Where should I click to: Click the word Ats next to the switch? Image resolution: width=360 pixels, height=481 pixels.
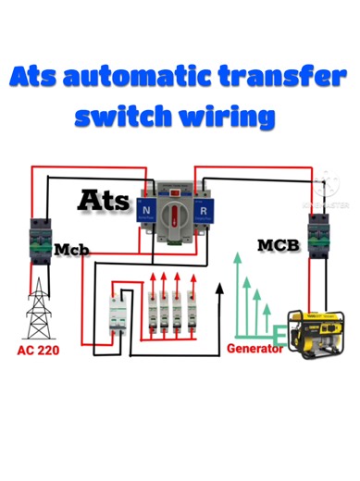pos(104,199)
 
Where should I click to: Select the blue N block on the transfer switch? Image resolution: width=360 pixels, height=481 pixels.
pos(146,211)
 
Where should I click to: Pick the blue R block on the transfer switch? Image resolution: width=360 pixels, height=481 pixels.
pos(203,211)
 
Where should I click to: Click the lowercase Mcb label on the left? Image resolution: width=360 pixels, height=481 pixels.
pos(68,251)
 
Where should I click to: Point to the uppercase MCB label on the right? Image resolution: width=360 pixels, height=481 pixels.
pos(277,245)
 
